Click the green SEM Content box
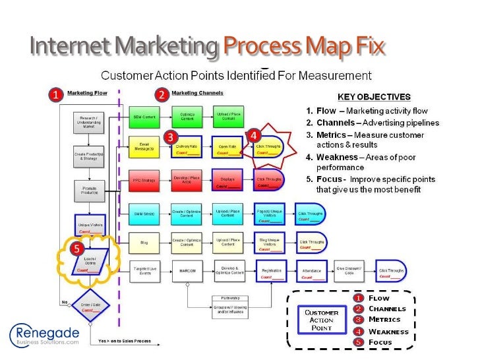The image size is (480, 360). [x=144, y=117]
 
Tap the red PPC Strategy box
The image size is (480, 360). [x=144, y=179]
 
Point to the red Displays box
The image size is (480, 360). [x=227, y=179]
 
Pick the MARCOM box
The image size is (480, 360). [x=187, y=270]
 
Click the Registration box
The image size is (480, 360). [x=271, y=272]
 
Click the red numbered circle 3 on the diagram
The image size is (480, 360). [x=170, y=136]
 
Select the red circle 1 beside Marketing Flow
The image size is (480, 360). [x=57, y=95]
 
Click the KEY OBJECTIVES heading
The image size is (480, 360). [x=374, y=96]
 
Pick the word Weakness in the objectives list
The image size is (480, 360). [x=336, y=157]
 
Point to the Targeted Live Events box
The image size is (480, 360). [x=144, y=270]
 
